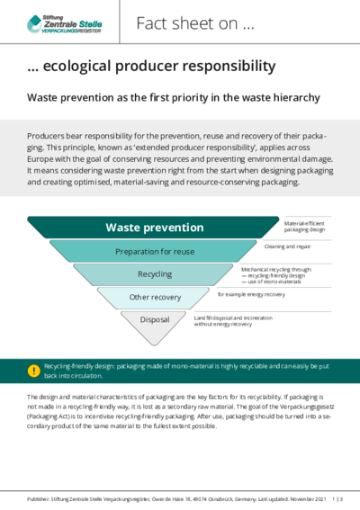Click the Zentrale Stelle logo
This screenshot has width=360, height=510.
[x=65, y=24]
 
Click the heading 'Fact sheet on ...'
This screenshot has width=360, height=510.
[x=195, y=23]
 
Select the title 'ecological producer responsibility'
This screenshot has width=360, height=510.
[x=159, y=66]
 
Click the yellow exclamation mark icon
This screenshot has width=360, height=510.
[x=34, y=371]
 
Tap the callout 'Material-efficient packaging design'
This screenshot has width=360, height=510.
[x=304, y=227]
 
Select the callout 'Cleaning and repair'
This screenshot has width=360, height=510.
[x=287, y=246]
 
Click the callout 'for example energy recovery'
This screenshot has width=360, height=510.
[x=251, y=294]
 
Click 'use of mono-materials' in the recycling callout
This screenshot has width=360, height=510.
[x=271, y=282]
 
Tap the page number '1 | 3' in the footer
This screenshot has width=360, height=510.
[x=337, y=499]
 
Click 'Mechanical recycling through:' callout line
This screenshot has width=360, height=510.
[x=276, y=269]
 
